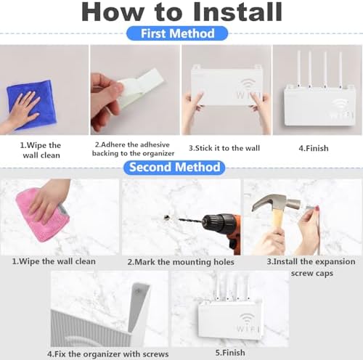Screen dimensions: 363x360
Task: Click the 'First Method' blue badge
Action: (x=177, y=33)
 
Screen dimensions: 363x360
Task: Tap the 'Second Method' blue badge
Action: (x=174, y=168)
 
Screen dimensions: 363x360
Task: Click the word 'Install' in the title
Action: (x=237, y=12)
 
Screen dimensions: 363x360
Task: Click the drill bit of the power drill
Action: (x=191, y=220)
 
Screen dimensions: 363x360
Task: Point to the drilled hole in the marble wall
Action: (x=166, y=217)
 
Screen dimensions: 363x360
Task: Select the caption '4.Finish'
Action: (x=314, y=148)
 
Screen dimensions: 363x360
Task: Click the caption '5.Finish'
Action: (x=230, y=353)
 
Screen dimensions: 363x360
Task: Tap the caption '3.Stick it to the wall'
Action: (x=224, y=148)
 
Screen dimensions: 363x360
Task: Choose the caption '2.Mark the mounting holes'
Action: (x=181, y=262)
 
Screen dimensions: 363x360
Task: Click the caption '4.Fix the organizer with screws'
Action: (x=108, y=354)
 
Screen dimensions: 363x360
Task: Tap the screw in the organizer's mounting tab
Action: (x=138, y=291)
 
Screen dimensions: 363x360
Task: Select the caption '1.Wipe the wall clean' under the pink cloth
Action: (x=54, y=261)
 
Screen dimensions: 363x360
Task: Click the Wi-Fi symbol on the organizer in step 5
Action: (x=246, y=317)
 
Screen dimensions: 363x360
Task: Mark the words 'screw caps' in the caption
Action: (x=312, y=274)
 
